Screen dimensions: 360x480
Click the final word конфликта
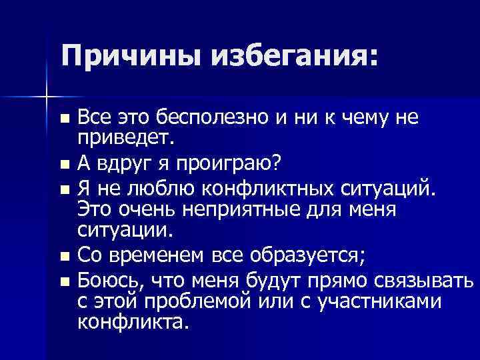133,323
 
